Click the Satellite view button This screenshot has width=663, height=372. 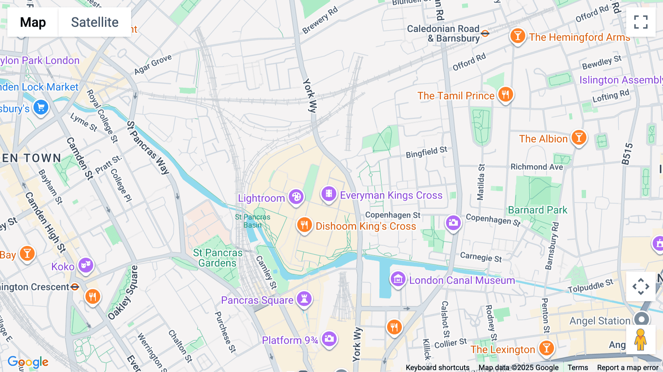[x=95, y=22]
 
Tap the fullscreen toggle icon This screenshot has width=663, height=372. [x=641, y=22]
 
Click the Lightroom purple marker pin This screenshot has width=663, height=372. [x=296, y=197]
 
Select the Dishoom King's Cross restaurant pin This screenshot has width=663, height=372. [x=304, y=224]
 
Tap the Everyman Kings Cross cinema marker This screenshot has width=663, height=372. [x=329, y=194]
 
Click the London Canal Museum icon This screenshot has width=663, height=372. [x=398, y=279]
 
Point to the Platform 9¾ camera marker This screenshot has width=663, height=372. [x=329, y=338]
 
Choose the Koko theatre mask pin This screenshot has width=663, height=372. [x=86, y=265]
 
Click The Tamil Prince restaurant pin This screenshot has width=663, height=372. [x=505, y=94]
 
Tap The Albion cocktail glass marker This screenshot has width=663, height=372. [x=579, y=138]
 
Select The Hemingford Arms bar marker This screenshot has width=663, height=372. [x=518, y=36]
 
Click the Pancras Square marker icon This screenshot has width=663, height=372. [x=304, y=299]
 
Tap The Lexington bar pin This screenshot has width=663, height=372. [x=547, y=348]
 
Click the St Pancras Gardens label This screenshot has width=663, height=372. [x=218, y=258]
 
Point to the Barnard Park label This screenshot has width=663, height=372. [x=537, y=210]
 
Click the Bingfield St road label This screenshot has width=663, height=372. [x=426, y=152]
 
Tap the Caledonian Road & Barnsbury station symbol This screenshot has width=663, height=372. [x=485, y=34]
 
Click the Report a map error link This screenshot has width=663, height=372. [x=628, y=368]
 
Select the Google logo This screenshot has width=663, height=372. [x=28, y=362]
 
